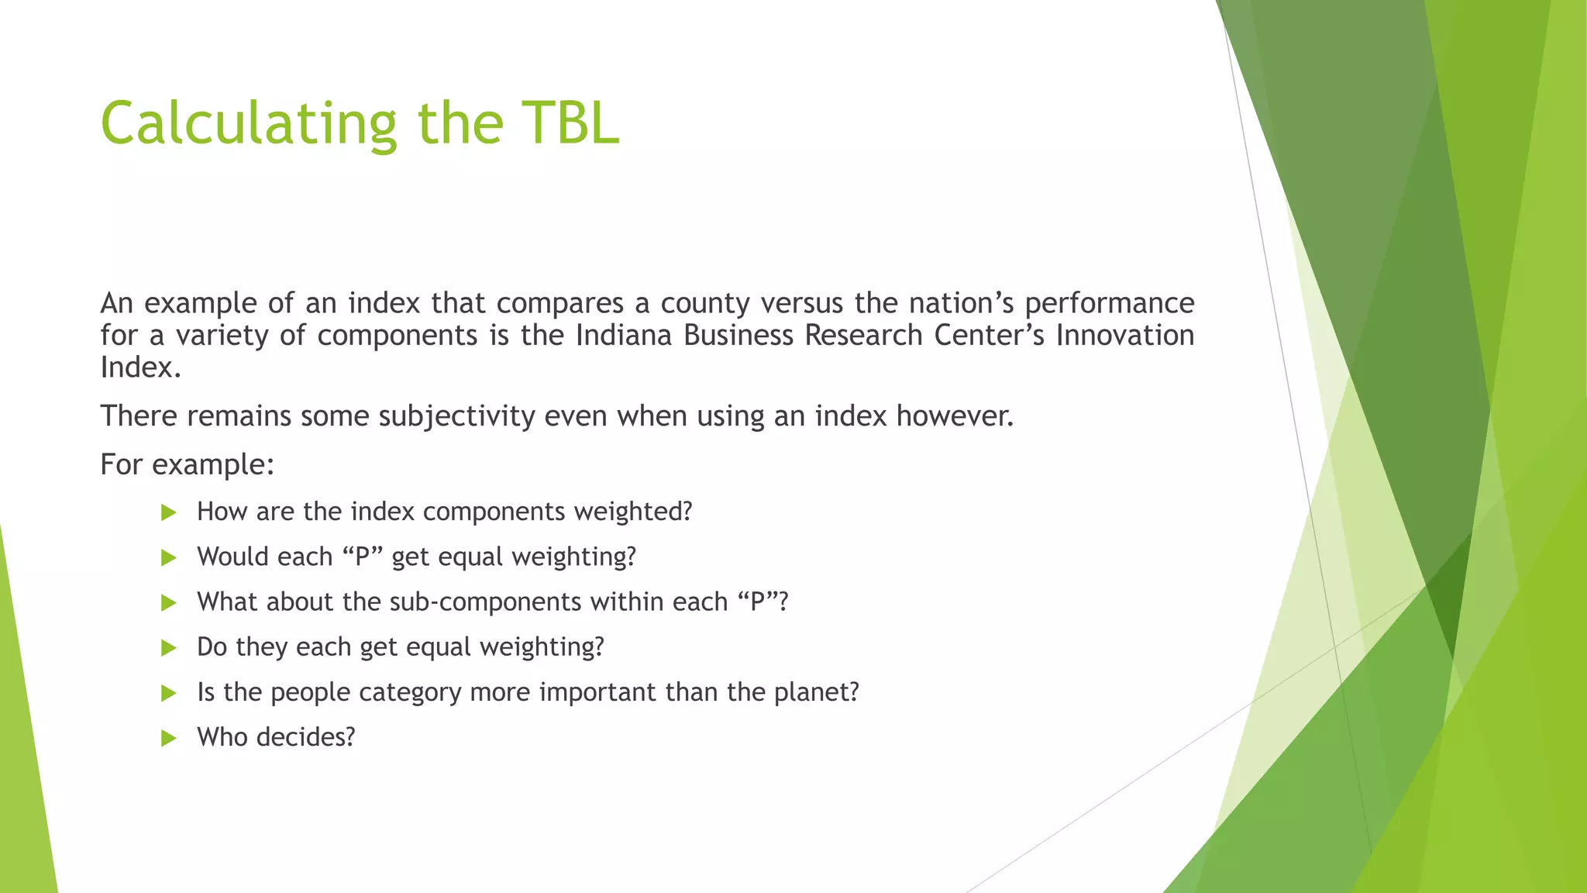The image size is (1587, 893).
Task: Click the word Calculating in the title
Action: coord(249,124)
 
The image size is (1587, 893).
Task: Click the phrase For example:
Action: coord(188,464)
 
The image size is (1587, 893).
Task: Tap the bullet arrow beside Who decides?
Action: coord(168,738)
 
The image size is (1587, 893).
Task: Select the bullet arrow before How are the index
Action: coord(168,512)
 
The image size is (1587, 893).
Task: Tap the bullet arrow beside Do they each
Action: coord(168,648)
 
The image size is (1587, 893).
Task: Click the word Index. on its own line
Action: coord(140,367)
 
